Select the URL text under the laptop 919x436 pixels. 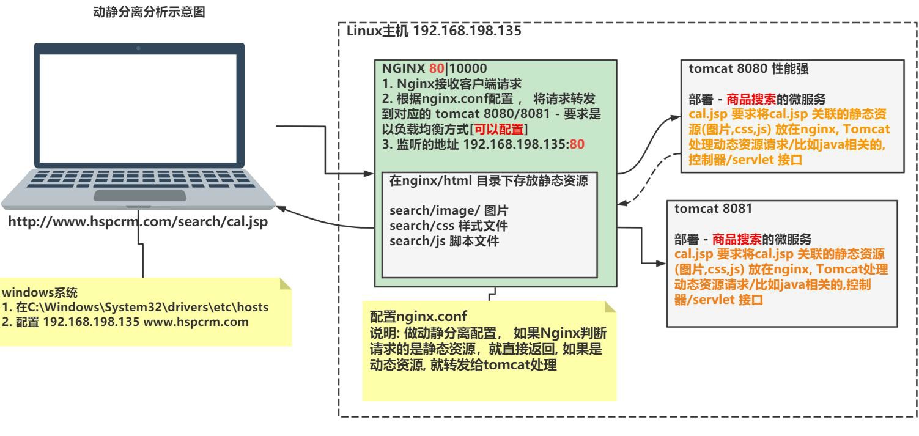coord(136,222)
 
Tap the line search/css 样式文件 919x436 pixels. coord(449,227)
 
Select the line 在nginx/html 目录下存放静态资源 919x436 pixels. coord(489,181)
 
